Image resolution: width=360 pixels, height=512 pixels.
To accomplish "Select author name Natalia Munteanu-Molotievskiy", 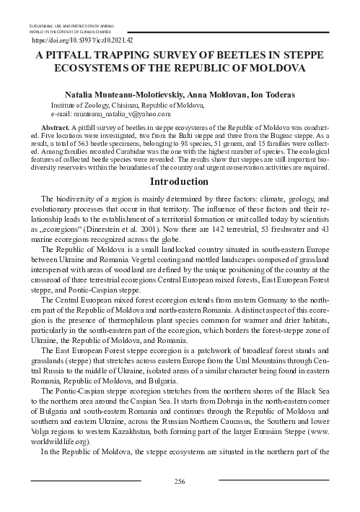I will pos(118,94).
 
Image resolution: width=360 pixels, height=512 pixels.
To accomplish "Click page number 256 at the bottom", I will pos(180,480).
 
